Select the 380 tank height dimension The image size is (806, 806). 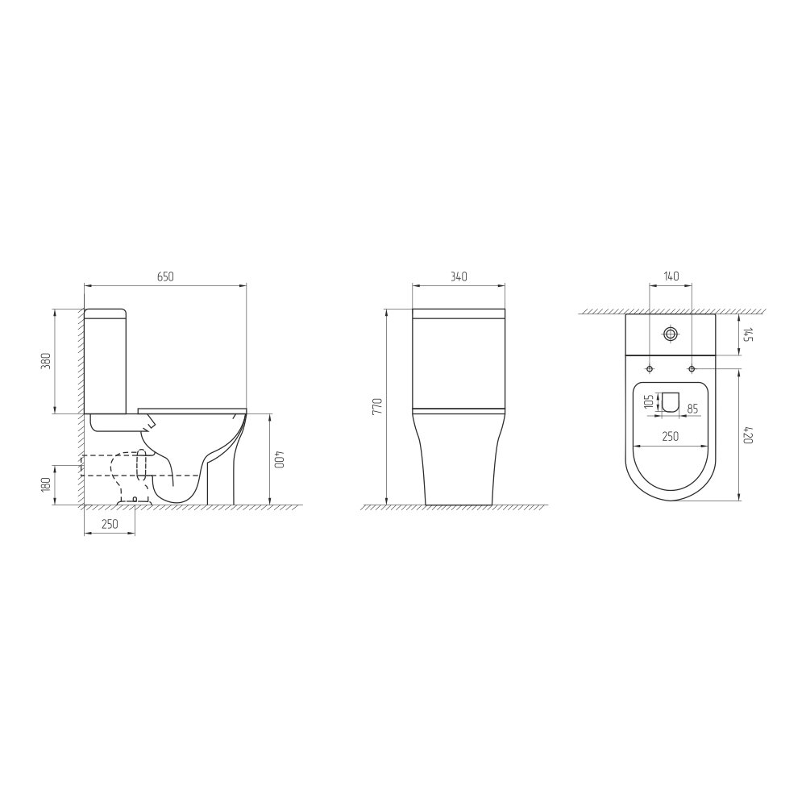point(46,361)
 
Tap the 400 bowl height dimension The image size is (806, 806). point(279,459)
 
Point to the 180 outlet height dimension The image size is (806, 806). point(46,484)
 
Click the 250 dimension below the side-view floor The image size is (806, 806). point(110,524)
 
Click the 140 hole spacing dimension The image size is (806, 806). point(671,276)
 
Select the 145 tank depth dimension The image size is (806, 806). point(749,336)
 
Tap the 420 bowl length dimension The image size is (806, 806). point(749,436)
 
